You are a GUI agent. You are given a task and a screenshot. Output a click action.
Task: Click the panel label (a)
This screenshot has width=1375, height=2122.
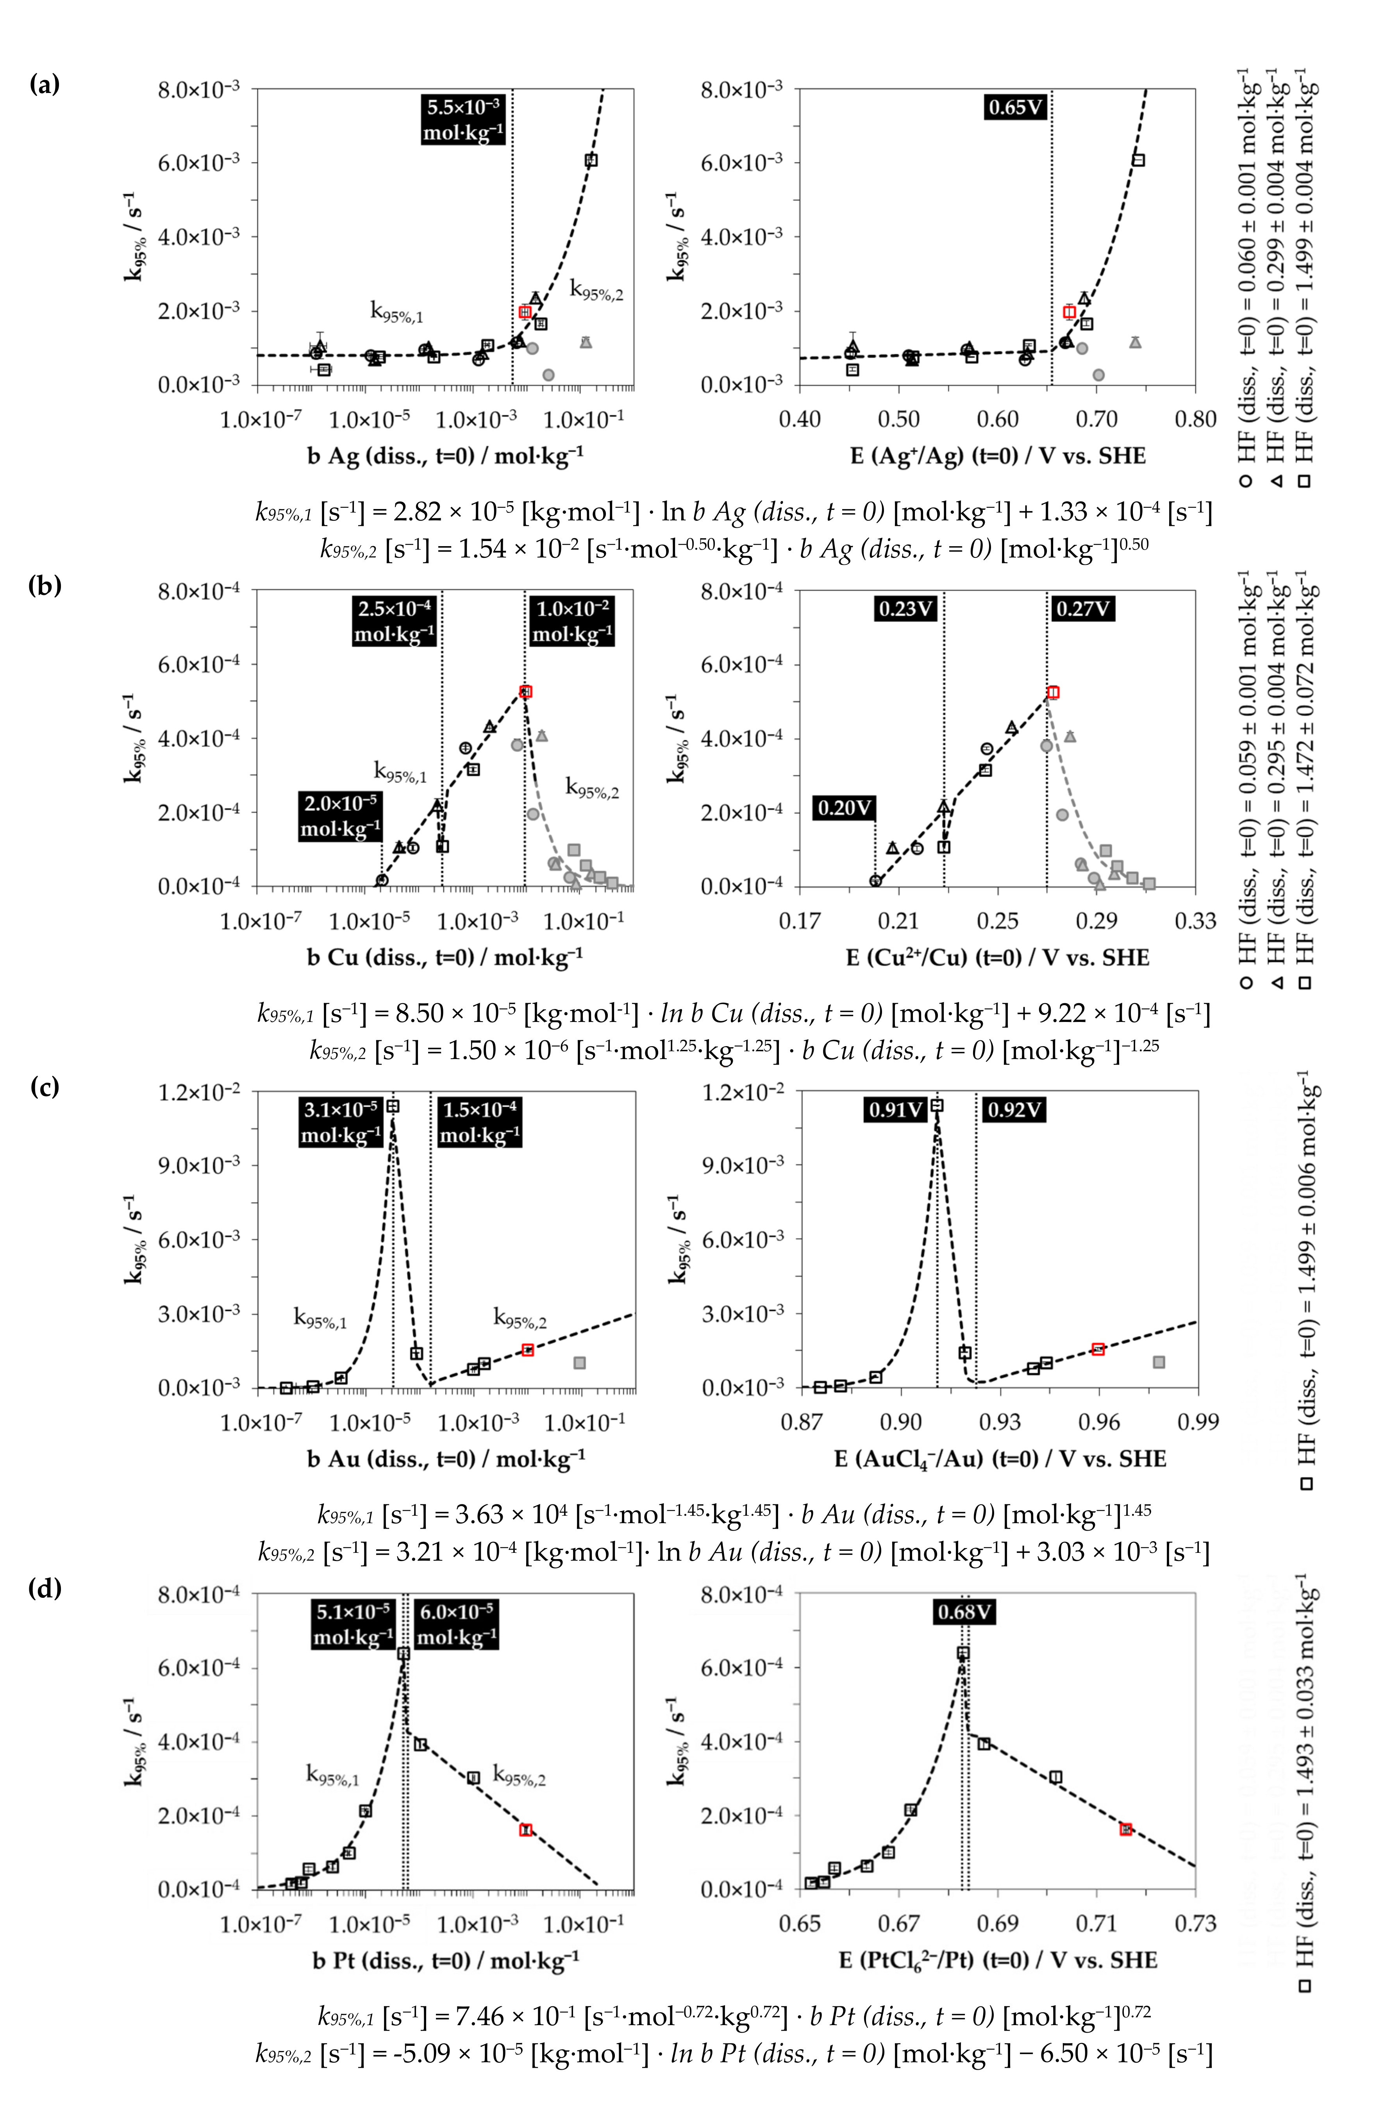tap(45, 85)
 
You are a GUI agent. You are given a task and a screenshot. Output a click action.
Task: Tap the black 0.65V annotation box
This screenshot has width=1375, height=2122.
tap(1015, 108)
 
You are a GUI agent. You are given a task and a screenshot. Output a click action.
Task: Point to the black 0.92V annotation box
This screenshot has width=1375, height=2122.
tap(1013, 1110)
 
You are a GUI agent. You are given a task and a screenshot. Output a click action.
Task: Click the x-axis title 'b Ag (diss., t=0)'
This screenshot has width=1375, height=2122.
tap(445, 455)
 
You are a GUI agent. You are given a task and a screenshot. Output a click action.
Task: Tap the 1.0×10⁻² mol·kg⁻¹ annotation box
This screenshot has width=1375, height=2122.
tap(571, 622)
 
